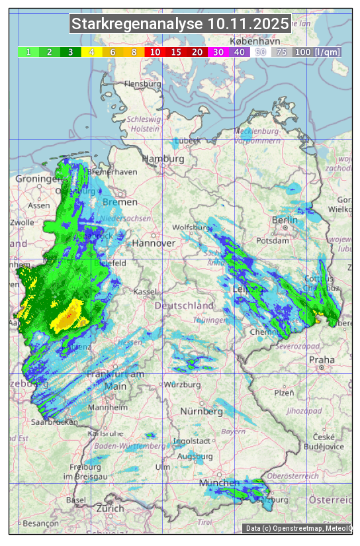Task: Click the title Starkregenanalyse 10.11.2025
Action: pos(180,24)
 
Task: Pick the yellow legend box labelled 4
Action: pos(91,52)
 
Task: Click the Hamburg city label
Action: pos(163,159)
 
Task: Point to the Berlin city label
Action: pos(285,220)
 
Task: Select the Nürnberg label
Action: pos(202,411)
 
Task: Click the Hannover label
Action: pos(154,243)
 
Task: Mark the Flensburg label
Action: pos(142,84)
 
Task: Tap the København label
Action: pos(246,41)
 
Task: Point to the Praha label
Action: pos(321,360)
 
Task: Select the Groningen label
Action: pos(38,179)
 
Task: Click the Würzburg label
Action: pos(183,385)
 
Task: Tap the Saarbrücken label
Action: pos(54,422)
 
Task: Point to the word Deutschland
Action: pos(184,306)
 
